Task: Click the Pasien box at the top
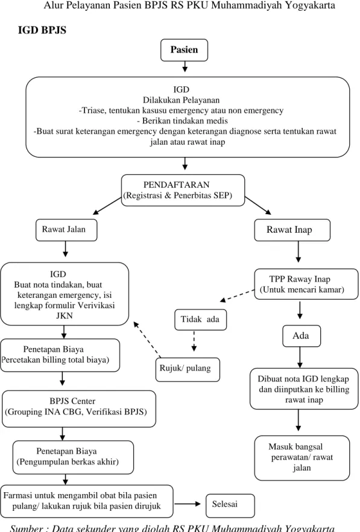(x=184, y=50)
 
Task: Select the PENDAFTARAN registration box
(x=183, y=190)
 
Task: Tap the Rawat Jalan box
(x=66, y=230)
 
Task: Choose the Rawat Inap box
(x=292, y=230)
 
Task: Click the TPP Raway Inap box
(x=306, y=284)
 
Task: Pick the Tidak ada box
(x=200, y=319)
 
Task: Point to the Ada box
(x=302, y=336)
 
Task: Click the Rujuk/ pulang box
(x=188, y=369)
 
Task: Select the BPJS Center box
(x=79, y=408)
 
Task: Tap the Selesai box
(x=230, y=505)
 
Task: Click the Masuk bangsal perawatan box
(x=302, y=458)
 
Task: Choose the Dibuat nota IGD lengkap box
(x=304, y=389)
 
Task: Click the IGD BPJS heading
(x=42, y=30)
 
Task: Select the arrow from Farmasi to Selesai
(x=188, y=504)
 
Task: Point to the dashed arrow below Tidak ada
(x=194, y=341)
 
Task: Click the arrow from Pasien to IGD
(x=185, y=66)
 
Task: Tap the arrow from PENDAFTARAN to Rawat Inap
(x=258, y=205)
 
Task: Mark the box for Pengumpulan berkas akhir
(x=73, y=457)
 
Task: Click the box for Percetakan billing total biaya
(x=60, y=355)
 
